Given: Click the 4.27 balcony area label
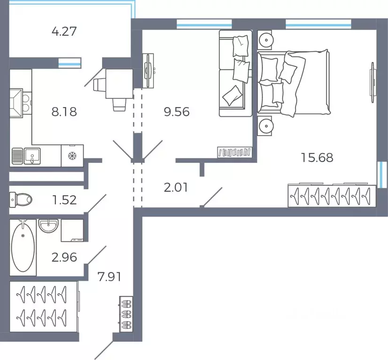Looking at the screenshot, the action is pos(64,31).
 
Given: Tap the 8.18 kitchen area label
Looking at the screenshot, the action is pos(64,112).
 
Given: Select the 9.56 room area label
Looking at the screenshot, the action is pos(177,112).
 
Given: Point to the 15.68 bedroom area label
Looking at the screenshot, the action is pos(317,158).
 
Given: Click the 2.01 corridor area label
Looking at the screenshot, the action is pos(176,187).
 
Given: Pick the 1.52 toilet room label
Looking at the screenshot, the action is pos(64,200).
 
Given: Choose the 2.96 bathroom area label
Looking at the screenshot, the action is pos(64,257).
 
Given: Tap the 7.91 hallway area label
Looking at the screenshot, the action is pos(109,276).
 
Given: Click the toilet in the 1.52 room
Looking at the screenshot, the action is pos(21,199).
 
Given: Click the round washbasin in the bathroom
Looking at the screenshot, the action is pos(48,226).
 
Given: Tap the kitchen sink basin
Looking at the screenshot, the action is pos(32,156).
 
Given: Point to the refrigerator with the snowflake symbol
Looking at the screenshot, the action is pos(72,156).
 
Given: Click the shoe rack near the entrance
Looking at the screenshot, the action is pos(126,314).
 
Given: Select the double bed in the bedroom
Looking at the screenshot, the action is pos(294,83).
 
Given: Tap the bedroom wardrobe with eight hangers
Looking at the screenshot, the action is pos(332,196).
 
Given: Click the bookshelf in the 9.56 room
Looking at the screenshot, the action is pos(234,152).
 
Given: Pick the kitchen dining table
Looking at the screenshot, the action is pos(119,84).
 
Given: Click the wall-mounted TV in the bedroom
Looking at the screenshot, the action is pos(372,82).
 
